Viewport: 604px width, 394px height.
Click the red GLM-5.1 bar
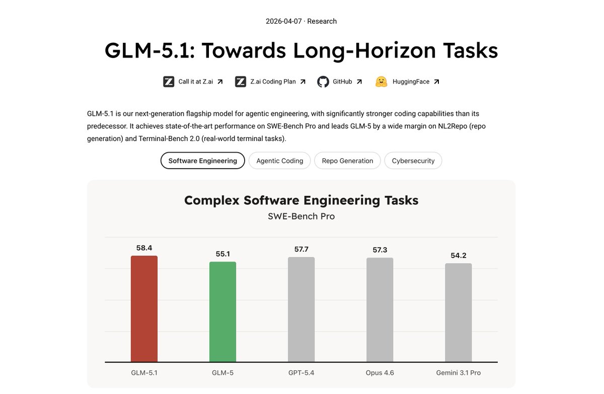point(144,309)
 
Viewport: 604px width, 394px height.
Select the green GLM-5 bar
point(222,312)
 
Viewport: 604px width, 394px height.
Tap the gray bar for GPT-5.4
point(301,309)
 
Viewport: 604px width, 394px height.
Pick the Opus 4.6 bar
point(380,310)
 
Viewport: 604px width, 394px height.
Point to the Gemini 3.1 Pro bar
point(458,312)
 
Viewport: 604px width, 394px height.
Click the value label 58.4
point(144,248)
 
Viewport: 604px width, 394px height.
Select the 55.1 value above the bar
point(222,254)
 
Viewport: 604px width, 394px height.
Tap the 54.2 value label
point(458,256)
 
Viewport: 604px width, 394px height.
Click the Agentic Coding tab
point(280,161)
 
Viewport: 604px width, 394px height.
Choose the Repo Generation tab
point(347,161)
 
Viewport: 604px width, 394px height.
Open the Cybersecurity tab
point(413,161)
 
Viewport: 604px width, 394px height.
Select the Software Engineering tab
point(202,161)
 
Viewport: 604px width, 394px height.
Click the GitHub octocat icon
point(323,82)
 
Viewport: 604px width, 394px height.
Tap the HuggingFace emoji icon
point(381,82)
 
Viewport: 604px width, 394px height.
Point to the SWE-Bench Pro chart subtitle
point(301,216)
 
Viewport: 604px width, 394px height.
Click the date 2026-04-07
point(284,21)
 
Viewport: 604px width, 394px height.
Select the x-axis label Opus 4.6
point(380,373)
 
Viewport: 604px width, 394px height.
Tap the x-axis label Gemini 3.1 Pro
point(458,373)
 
